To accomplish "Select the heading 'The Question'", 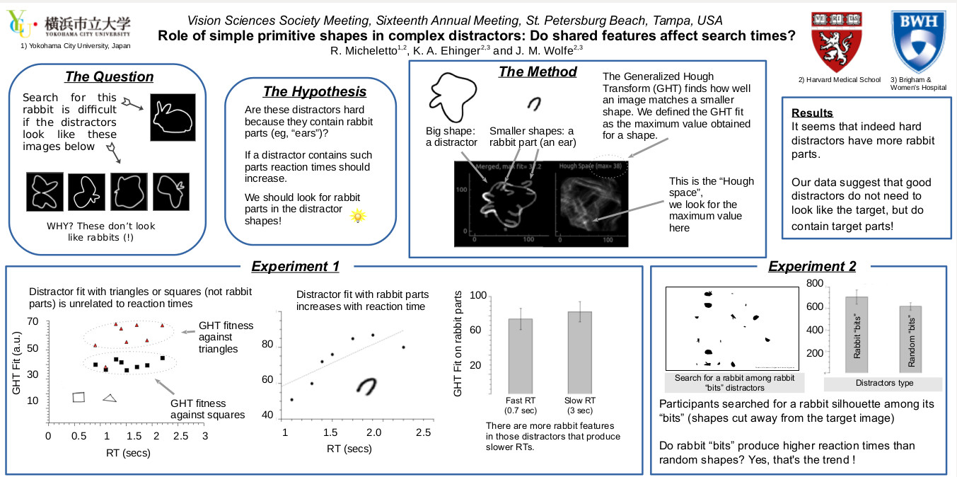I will [109, 77].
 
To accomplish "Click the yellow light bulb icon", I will [358, 216].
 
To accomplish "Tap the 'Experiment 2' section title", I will [812, 266].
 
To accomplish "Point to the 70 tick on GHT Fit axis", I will [33, 321].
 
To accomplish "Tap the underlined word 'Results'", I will [812, 113].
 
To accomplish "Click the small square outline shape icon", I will [79, 397].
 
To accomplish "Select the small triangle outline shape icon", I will [109, 398].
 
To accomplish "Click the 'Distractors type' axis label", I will [884, 383].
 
